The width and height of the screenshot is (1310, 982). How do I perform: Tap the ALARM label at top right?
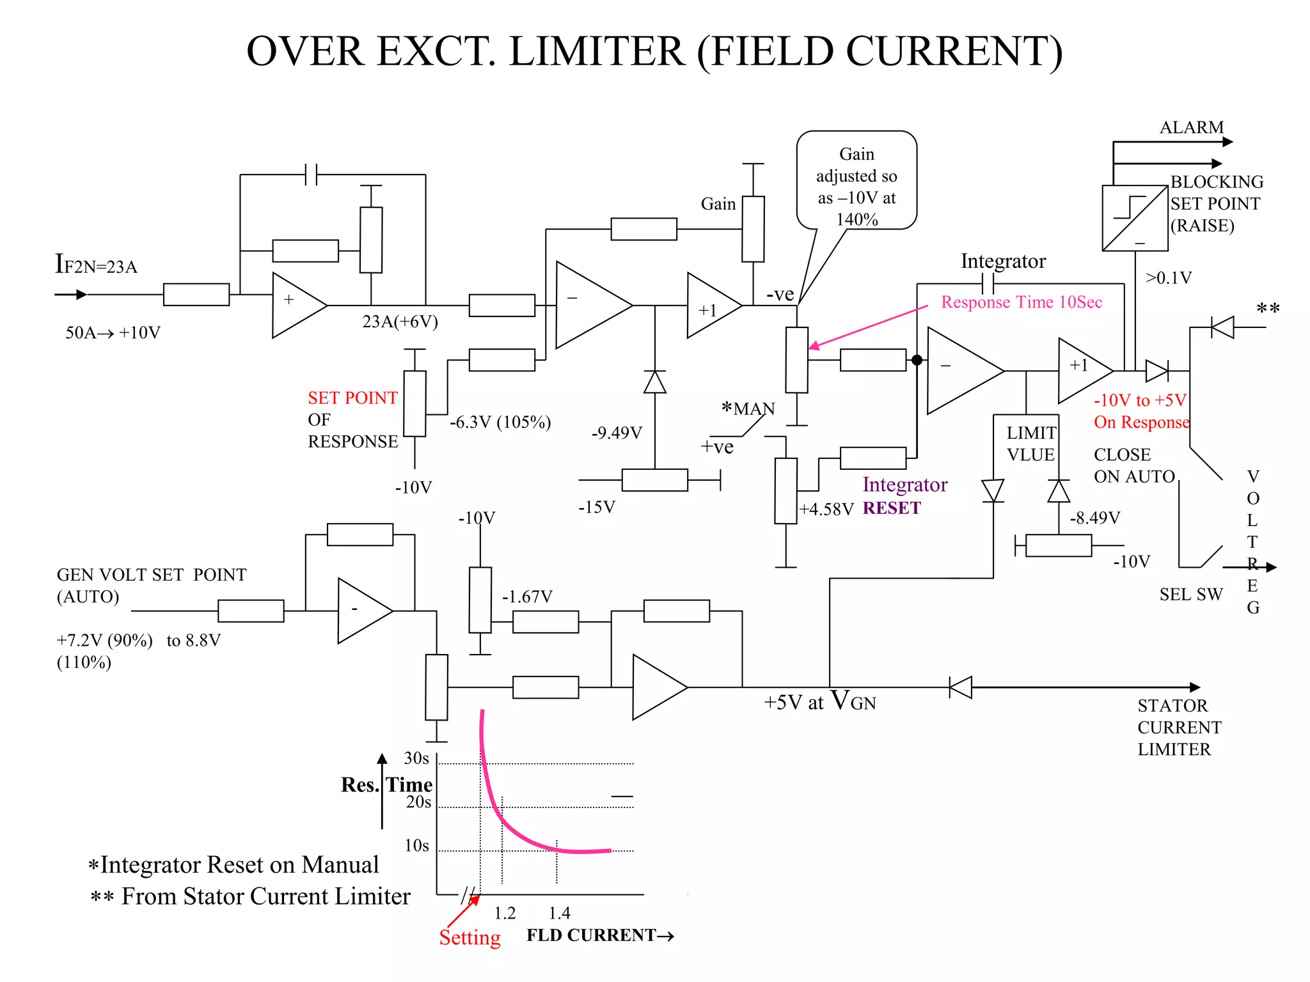[x=1191, y=127]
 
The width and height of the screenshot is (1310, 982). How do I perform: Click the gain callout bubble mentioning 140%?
[x=856, y=181]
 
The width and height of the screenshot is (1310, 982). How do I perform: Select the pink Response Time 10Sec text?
[x=1021, y=302]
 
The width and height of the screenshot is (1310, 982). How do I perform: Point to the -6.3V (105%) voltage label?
[x=500, y=423]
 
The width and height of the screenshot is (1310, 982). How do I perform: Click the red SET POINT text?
[x=352, y=398]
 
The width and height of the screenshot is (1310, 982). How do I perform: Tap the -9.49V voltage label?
[x=616, y=433]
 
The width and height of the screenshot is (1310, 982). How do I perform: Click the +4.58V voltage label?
[x=826, y=510]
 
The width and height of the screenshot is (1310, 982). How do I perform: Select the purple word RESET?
[x=891, y=508]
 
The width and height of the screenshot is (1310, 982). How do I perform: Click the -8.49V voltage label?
[x=1094, y=518]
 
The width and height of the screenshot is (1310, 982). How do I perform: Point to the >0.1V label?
[x=1169, y=278]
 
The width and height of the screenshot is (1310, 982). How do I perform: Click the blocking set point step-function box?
[x=1135, y=218]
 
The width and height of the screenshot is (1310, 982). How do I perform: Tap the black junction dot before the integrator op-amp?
[x=917, y=361]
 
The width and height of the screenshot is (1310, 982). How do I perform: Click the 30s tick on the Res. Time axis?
[x=416, y=759]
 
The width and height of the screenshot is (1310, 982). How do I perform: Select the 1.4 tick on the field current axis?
[x=559, y=913]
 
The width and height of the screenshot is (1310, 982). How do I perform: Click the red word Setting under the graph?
[x=470, y=938]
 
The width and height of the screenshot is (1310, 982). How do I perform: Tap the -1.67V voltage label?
[x=526, y=597]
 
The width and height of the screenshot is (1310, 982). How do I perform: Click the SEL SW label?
[x=1190, y=595]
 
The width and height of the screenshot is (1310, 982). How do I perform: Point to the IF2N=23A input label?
[x=96, y=265]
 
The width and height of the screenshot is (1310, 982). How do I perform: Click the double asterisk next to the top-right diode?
[x=1267, y=309]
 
